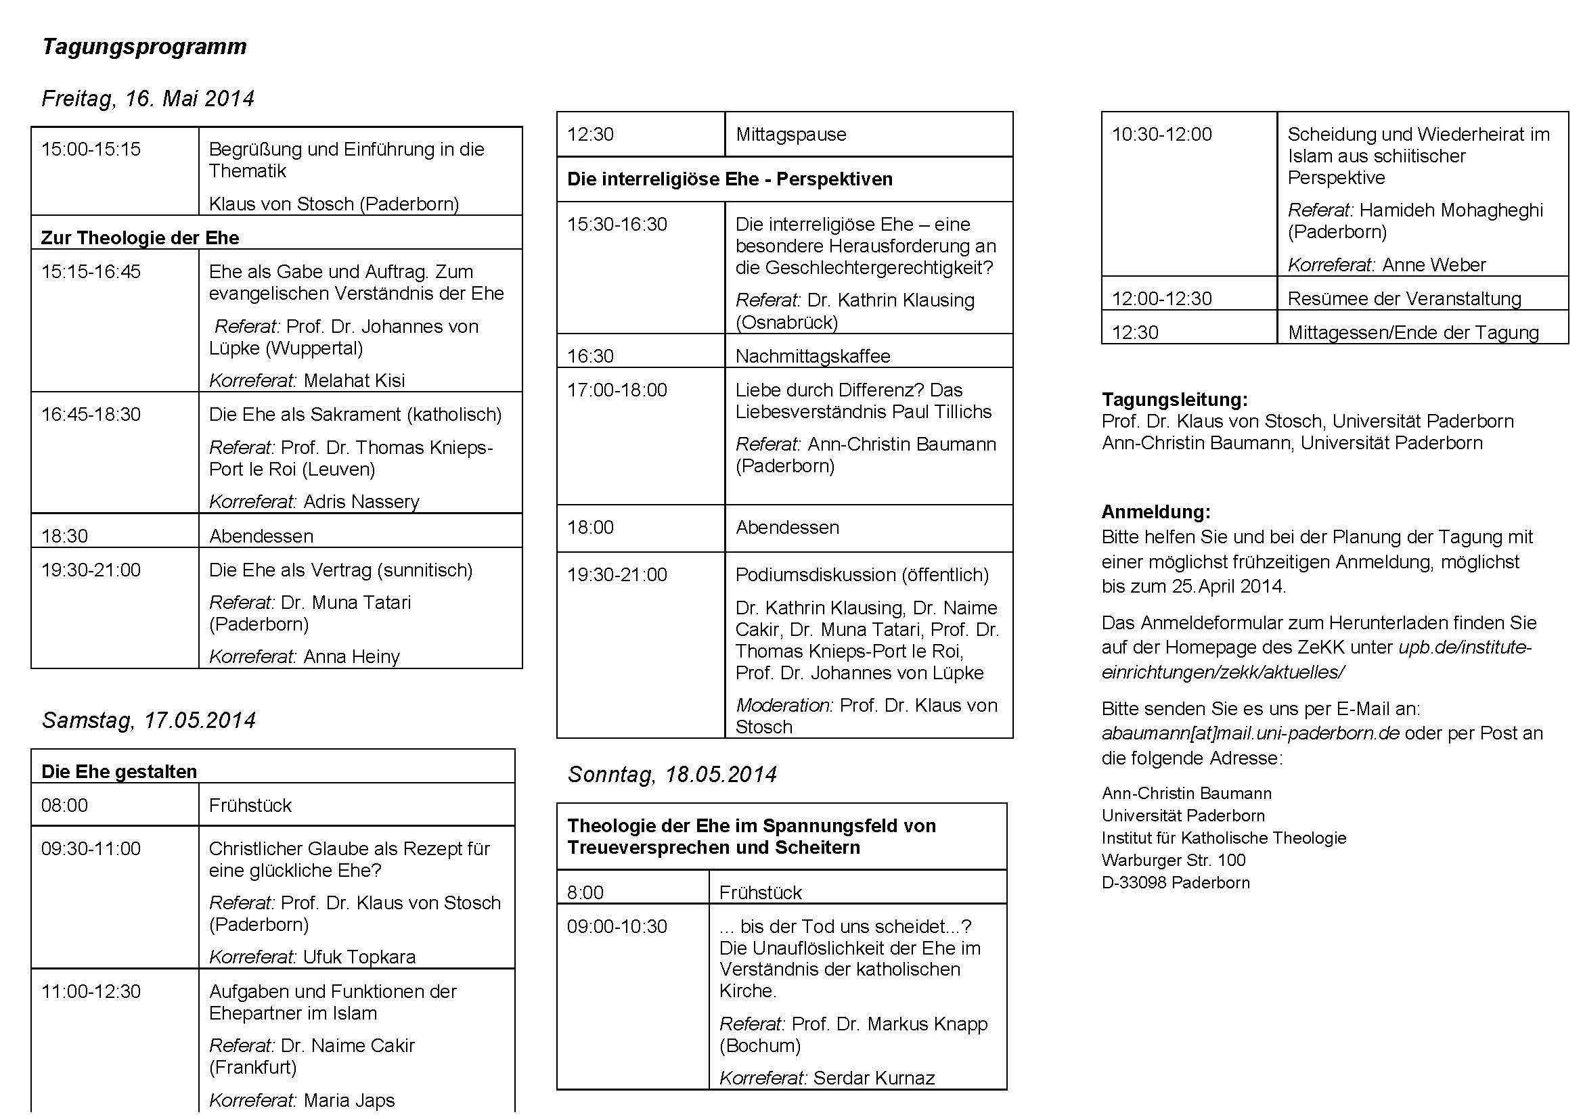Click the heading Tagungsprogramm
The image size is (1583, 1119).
point(144,47)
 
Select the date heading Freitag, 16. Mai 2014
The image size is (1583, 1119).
point(148,99)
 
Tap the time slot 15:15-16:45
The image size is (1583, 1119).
point(91,271)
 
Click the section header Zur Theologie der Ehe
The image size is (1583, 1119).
point(140,237)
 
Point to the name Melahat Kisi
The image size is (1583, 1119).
point(354,380)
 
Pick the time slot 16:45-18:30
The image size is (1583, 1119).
point(91,414)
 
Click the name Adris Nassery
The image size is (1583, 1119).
point(361,501)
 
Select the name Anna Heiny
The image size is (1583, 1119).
point(352,657)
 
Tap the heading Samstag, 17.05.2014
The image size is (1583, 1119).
point(148,721)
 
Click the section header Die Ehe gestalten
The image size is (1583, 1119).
point(119,771)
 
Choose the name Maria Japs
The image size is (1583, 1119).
point(349,1101)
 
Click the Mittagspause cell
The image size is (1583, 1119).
point(790,135)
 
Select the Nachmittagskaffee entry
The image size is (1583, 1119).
point(813,357)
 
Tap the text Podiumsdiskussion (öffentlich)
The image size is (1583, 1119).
point(862,574)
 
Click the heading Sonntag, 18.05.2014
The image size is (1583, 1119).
point(672,775)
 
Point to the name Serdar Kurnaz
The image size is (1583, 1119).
point(874,1078)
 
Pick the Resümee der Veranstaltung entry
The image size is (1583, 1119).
point(1404,298)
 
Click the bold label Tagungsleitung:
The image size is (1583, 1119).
point(1175,400)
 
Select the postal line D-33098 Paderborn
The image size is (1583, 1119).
point(1176,883)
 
